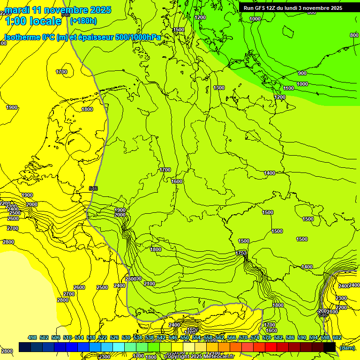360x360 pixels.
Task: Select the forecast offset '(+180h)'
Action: pyautogui.click(x=83, y=21)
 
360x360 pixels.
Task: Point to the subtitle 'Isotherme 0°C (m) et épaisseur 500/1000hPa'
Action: pyautogui.click(x=82, y=37)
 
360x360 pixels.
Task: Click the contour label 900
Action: pyautogui.click(x=302, y=73)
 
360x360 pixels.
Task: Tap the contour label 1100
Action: pyautogui.click(x=288, y=88)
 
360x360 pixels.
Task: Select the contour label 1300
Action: pyautogui.click(x=219, y=88)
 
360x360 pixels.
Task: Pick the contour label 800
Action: pyautogui.click(x=354, y=35)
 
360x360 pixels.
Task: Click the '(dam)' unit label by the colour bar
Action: pyautogui.click(x=347, y=347)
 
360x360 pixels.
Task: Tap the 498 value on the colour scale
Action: pyautogui.click(x=32, y=337)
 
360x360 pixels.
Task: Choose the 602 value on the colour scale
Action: pyautogui.click(x=337, y=337)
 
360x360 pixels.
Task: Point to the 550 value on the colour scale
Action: pyautogui.click(x=185, y=337)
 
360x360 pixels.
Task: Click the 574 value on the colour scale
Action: pyautogui.click(x=255, y=337)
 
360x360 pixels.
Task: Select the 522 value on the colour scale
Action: pyautogui.click(x=103, y=337)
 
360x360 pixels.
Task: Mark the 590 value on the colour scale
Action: pyautogui.click(x=302, y=337)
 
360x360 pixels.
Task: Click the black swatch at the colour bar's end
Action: pyautogui.click(x=330, y=347)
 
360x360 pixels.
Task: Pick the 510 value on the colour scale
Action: pyautogui.click(x=67, y=337)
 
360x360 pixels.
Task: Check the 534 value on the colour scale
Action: pyautogui.click(x=138, y=337)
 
